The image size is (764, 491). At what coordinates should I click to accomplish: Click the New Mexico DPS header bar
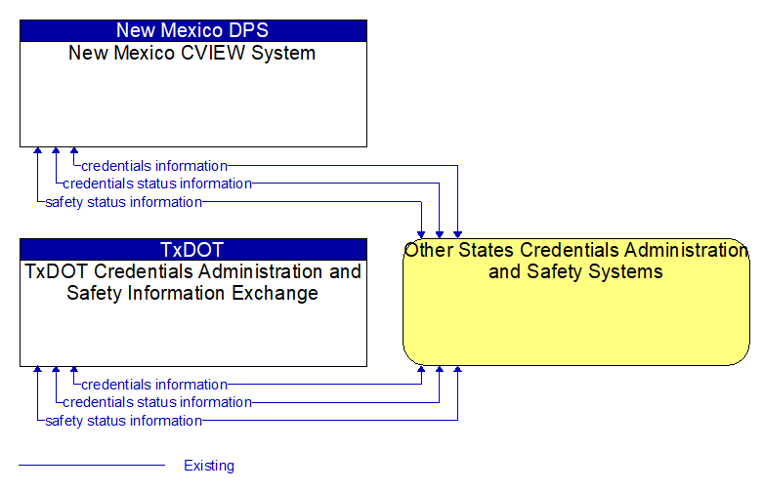(193, 30)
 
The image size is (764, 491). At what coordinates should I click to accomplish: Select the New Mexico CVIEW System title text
(191, 53)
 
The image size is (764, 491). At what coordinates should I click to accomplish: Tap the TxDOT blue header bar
(193, 250)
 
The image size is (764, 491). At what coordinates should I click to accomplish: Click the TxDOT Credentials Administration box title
(192, 282)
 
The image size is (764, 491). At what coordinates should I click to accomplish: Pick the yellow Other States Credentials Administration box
(576, 302)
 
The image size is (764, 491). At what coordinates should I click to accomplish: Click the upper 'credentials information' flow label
(154, 166)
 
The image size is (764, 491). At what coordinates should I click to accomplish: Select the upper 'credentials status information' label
(157, 184)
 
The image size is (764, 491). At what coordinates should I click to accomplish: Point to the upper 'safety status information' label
(124, 202)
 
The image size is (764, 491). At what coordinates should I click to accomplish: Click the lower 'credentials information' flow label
(154, 385)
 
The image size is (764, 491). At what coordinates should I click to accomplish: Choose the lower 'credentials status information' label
(157, 402)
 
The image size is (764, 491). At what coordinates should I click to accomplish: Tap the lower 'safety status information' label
(124, 421)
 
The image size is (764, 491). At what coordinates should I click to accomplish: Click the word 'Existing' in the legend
(209, 466)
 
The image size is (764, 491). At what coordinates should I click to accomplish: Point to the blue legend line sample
(92, 466)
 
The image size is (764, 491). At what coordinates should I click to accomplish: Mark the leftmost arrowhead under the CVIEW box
(37, 150)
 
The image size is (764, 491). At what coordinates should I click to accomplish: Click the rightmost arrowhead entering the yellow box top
(457, 234)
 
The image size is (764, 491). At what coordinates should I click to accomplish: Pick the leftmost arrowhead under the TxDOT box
(37, 370)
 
